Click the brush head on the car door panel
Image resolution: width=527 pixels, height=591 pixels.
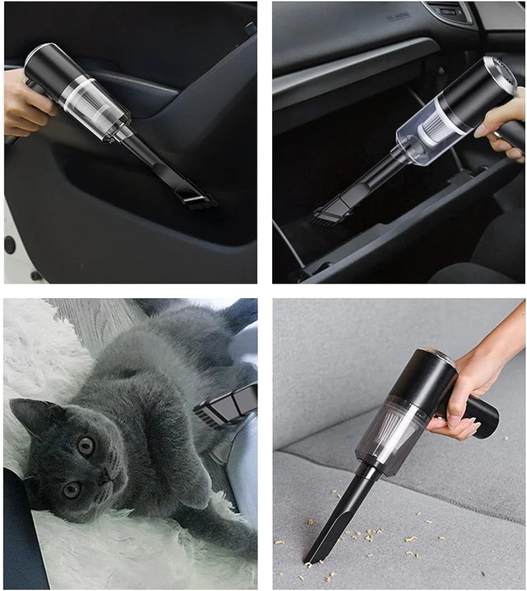(x=197, y=193)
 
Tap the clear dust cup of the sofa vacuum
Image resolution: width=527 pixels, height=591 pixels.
(x=389, y=438)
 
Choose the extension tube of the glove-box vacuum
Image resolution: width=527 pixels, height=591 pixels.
(x=369, y=178)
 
